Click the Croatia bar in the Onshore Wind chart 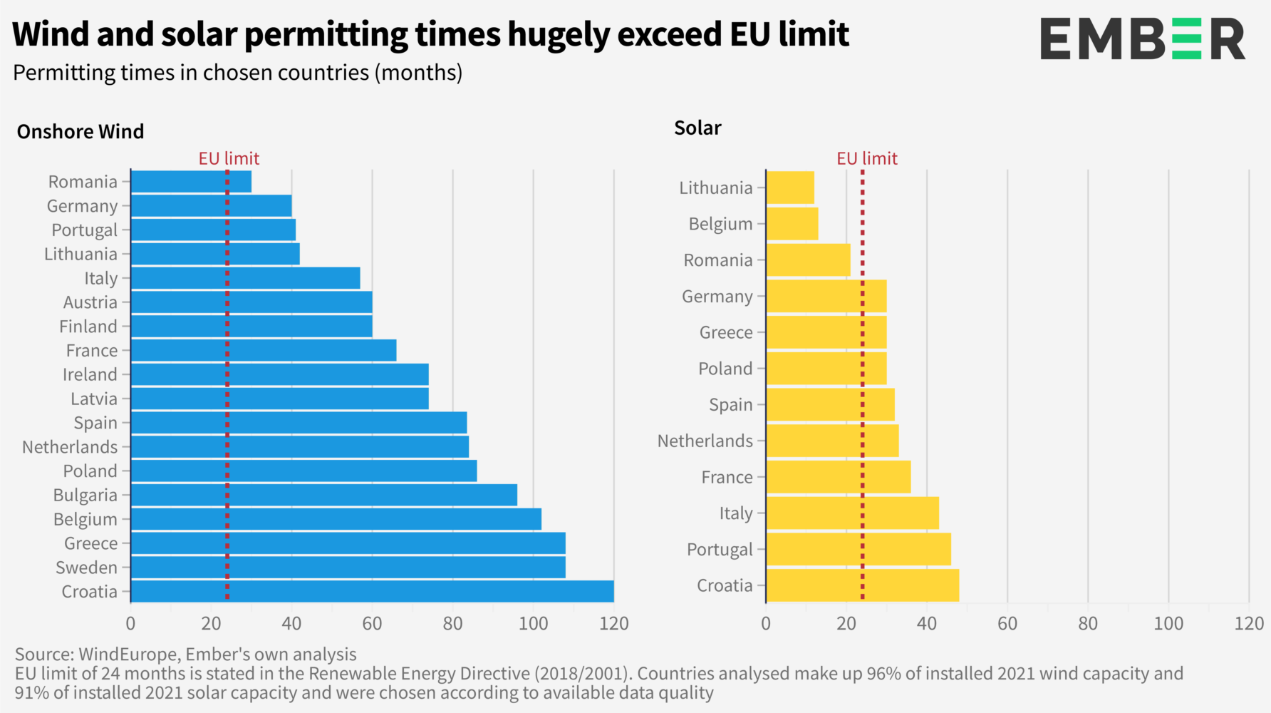372,591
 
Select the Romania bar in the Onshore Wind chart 191,182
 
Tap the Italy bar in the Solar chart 852,513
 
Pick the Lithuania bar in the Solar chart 790,188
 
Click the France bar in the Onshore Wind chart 264,350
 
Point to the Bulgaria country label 85,495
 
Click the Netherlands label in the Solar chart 705,441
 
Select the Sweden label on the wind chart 86,568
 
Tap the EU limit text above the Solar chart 866,158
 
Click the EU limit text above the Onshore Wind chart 229,158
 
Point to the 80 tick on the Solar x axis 1088,624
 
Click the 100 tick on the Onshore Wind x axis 533,624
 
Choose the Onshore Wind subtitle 81,132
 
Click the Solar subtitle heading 697,128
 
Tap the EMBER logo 1142,39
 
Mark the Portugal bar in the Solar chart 858,549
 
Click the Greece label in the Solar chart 725,332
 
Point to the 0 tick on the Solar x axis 766,624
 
